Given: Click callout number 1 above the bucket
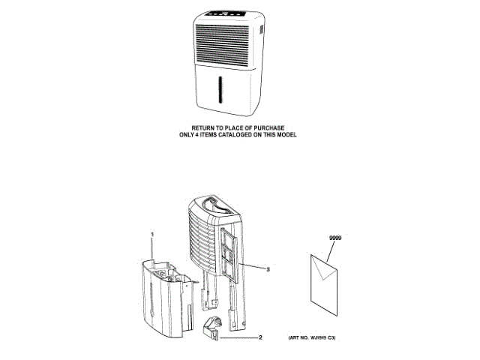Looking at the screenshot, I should [152, 235].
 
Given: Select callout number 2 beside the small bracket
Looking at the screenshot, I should [259, 337].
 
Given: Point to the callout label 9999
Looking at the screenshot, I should [334, 238].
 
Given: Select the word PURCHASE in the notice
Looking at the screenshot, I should [269, 128].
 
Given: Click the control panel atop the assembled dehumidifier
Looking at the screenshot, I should [226, 15].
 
